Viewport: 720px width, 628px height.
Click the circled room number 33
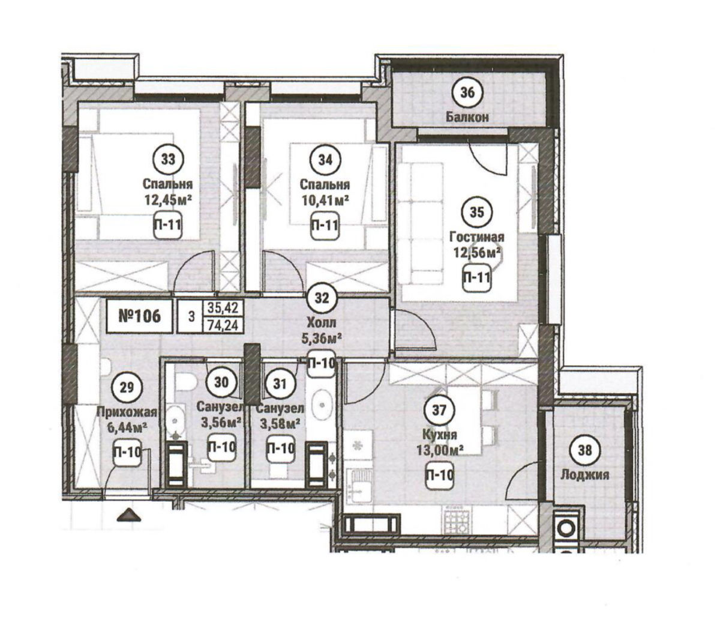(x=168, y=160)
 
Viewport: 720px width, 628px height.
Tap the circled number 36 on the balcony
(x=467, y=92)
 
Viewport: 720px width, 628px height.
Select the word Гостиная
(x=477, y=237)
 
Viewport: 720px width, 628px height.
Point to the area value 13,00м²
(x=439, y=450)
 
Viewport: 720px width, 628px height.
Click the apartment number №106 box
(x=140, y=316)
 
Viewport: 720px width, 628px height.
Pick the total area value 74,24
(x=223, y=325)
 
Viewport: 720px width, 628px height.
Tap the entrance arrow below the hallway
(x=129, y=515)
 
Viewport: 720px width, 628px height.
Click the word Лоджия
(x=584, y=476)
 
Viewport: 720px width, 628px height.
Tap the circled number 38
(x=585, y=450)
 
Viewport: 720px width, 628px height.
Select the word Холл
(x=322, y=322)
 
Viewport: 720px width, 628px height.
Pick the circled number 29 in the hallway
(x=127, y=388)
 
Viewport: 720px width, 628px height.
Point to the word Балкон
(x=467, y=117)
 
